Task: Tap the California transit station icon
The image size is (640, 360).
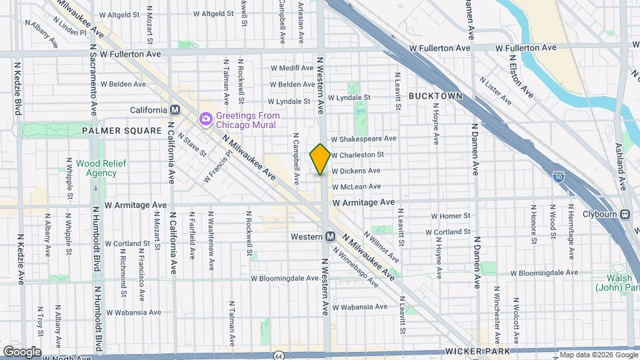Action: point(175,110)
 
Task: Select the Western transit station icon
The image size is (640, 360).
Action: point(330,237)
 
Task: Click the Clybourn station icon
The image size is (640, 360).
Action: point(625,214)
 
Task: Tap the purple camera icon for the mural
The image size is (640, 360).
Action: point(205,119)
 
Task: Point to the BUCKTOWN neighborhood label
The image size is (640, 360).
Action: point(435,96)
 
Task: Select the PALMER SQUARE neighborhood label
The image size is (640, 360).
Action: point(122,131)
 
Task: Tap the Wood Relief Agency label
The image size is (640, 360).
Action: point(96,168)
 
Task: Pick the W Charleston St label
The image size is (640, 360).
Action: point(357,155)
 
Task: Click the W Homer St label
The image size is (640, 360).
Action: point(451,216)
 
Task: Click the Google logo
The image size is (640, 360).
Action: point(22,352)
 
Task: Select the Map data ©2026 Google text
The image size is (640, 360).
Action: point(598,355)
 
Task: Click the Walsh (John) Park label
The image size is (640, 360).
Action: point(617,283)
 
